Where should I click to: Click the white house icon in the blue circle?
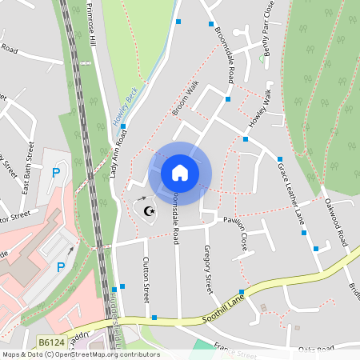tap(180, 172)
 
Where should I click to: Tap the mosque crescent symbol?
tap(148, 211)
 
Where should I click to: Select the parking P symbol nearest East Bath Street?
tap(56, 173)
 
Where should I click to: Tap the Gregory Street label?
tap(209, 269)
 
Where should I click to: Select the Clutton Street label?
tap(146, 278)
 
